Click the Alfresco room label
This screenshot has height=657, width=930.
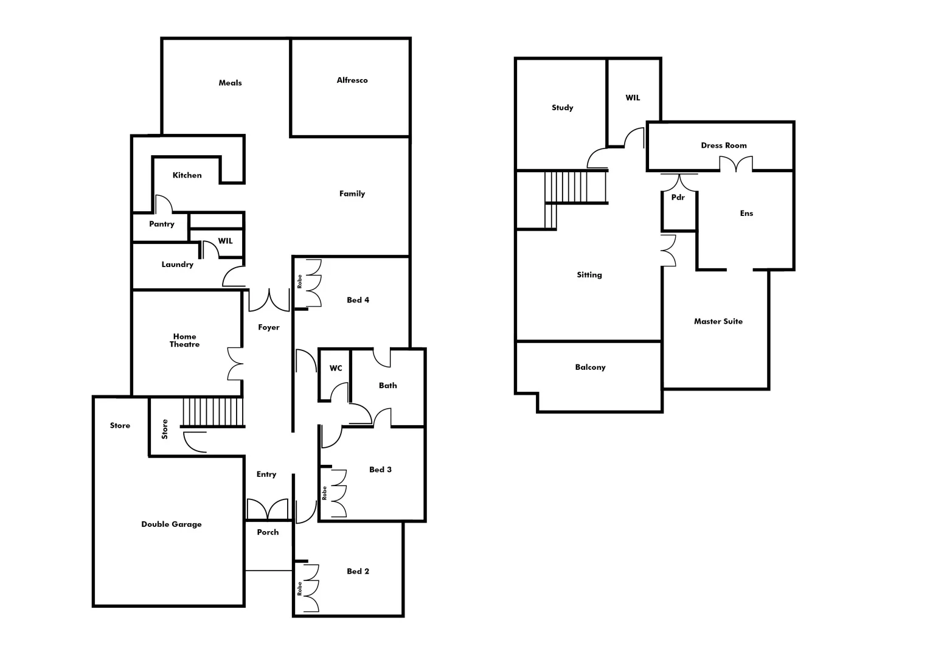(352, 80)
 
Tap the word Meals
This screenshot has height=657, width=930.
(230, 83)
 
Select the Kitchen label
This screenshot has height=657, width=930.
(187, 175)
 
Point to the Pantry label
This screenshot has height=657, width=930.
(162, 224)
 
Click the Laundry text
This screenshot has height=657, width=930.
(177, 265)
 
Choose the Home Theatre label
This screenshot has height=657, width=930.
(184, 340)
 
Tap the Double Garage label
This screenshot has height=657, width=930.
(171, 524)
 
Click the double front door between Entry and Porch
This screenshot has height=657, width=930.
(268, 510)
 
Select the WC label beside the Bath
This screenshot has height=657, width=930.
(336, 368)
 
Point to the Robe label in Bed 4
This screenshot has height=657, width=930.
(300, 282)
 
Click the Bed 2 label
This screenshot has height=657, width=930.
(358, 571)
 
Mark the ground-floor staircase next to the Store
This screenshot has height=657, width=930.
(212, 412)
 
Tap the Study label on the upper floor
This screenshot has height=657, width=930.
(562, 108)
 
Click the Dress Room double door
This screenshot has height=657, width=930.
(736, 164)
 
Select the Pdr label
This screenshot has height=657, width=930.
(678, 198)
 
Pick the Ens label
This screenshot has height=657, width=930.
(746, 214)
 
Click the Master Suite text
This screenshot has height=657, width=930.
(718, 321)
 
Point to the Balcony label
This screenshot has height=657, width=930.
(590, 367)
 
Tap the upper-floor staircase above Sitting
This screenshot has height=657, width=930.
(574, 187)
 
